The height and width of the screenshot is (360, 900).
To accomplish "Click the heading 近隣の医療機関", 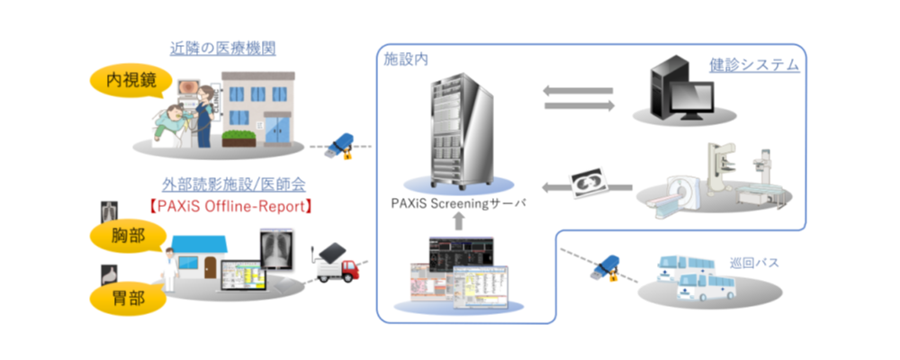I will pyautogui.click(x=222, y=47).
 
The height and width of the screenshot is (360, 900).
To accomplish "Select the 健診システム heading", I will pyautogui.click(x=753, y=66).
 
